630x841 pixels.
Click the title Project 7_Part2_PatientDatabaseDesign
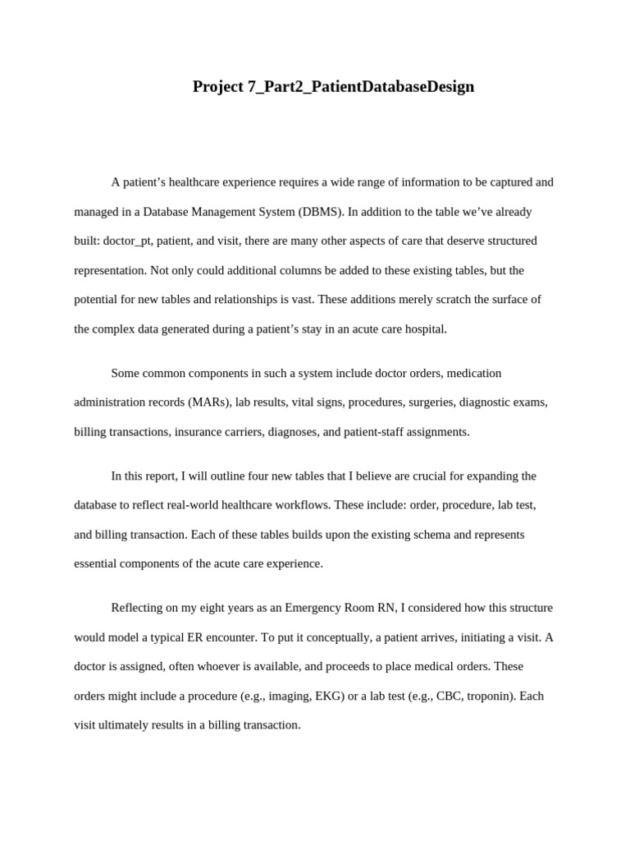click(333, 86)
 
